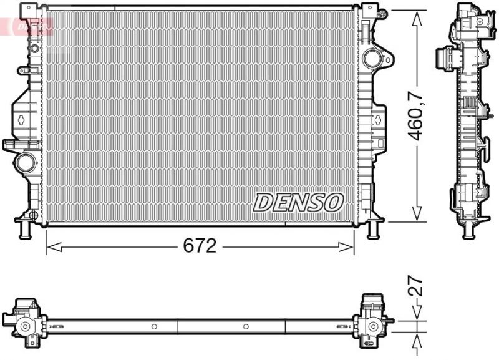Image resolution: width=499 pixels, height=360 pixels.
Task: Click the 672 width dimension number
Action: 199,246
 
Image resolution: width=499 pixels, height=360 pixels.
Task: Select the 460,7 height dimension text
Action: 416,115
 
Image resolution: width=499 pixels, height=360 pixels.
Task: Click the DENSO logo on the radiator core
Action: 298,202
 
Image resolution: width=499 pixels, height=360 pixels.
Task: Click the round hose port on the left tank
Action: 27,163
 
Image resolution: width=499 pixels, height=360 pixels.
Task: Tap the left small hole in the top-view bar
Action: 153,326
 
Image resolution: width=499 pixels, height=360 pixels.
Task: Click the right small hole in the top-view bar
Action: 245,326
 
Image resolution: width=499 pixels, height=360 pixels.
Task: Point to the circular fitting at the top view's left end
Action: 26,326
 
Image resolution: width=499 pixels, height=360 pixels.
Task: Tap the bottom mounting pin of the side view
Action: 467,232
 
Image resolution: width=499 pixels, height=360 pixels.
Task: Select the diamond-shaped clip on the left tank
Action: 21,119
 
